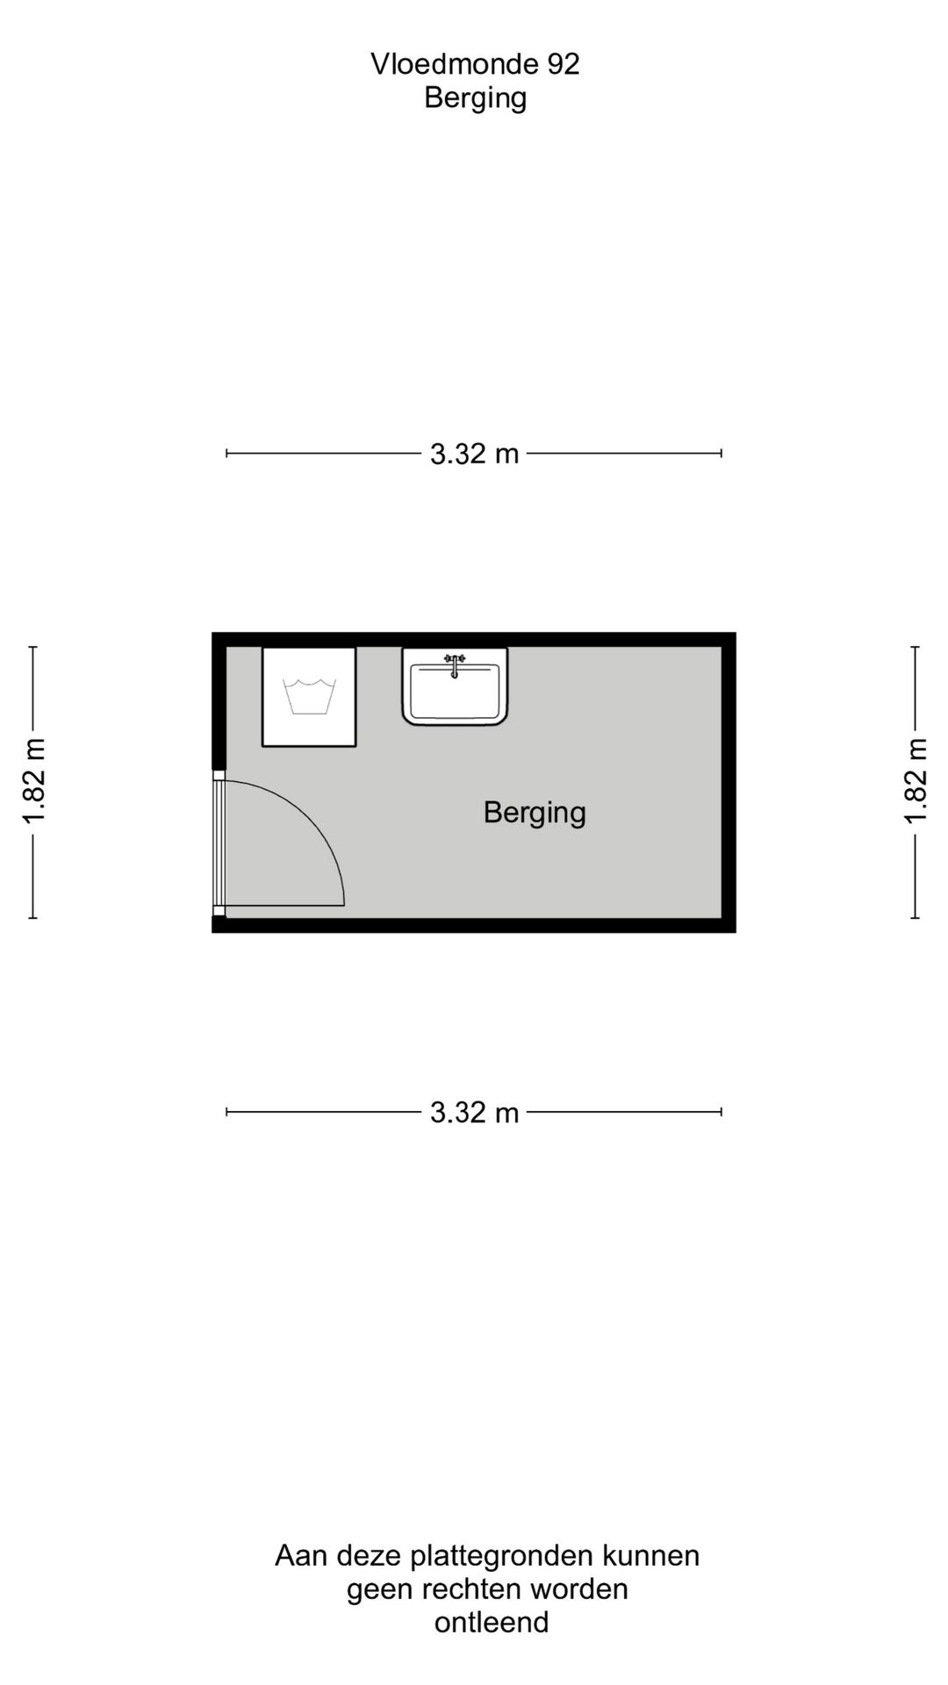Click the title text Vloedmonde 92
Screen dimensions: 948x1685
[x=475, y=64]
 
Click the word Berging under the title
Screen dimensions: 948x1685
[x=475, y=98]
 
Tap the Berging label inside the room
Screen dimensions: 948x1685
[x=535, y=813]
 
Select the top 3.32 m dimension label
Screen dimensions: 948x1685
[x=474, y=454]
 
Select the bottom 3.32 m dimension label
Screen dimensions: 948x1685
[x=474, y=1113]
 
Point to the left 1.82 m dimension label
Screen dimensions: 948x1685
[x=33, y=782]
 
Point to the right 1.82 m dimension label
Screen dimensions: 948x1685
[x=916, y=782]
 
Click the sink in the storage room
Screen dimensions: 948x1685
[x=455, y=686]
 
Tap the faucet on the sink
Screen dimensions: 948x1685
[x=455, y=665]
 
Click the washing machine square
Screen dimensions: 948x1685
[x=309, y=697]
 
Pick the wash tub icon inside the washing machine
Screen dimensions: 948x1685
[x=310, y=697]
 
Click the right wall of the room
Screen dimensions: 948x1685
[x=729, y=782]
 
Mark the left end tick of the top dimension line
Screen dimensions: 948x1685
[x=227, y=454]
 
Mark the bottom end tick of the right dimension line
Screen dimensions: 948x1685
[x=916, y=918]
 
